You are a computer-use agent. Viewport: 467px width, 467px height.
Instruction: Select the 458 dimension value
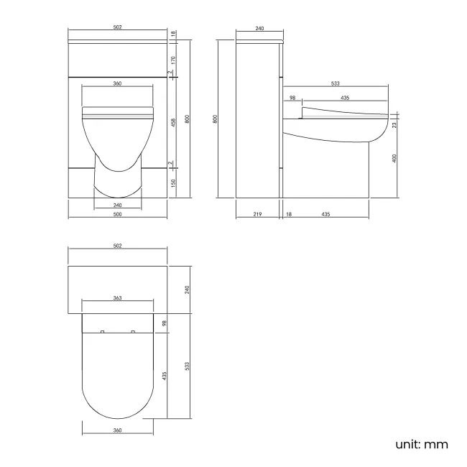point(173,121)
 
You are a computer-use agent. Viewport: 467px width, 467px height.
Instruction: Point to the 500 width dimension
point(117,214)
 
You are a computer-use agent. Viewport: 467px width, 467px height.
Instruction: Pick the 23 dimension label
point(395,125)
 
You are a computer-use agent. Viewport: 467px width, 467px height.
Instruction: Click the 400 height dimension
point(395,158)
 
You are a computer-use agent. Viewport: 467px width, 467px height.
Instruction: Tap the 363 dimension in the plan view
point(117,298)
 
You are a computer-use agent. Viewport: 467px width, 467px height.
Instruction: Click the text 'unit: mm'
point(421,444)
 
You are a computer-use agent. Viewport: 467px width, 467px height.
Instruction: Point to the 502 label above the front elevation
point(117,28)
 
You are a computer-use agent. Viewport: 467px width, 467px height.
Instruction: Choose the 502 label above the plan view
point(117,246)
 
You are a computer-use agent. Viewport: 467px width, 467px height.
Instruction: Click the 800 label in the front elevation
point(188,120)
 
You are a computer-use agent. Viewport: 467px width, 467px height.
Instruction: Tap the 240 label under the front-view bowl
point(117,204)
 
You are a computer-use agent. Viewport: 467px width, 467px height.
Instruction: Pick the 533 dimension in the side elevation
point(335,84)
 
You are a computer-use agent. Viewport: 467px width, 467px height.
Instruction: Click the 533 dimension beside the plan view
point(188,366)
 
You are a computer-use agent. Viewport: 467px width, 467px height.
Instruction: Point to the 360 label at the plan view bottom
point(117,430)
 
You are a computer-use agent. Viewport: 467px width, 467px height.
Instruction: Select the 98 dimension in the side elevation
point(292,97)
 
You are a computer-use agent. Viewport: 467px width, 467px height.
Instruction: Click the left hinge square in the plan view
point(102,331)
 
